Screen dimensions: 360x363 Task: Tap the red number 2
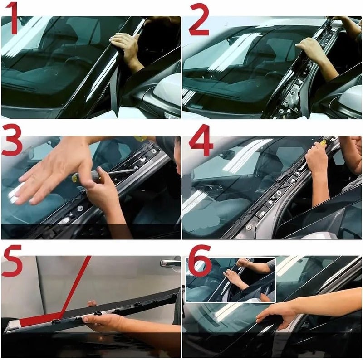point(199,19)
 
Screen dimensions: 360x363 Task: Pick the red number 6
point(200,261)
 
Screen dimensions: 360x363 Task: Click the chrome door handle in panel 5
point(171,263)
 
